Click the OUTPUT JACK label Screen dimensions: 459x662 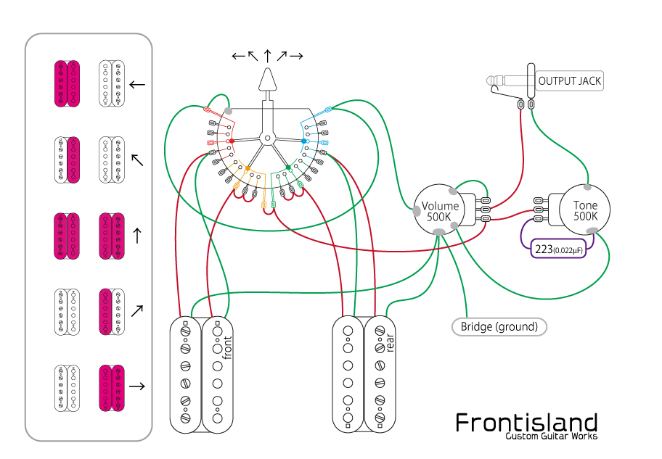(569, 80)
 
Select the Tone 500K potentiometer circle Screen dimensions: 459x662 (585, 210)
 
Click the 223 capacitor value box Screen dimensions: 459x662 (557, 249)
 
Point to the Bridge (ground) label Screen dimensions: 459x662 (499, 326)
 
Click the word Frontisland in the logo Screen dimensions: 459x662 (526, 422)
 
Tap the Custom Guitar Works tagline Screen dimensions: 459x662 (552, 436)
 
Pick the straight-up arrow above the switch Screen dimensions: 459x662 (268, 55)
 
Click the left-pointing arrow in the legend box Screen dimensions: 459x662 (136, 84)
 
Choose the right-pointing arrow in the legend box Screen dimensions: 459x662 (136, 386)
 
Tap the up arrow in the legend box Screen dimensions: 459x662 (136, 235)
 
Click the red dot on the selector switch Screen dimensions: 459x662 (232, 140)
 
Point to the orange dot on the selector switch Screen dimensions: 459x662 (248, 168)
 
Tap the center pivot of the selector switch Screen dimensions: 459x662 (268, 137)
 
